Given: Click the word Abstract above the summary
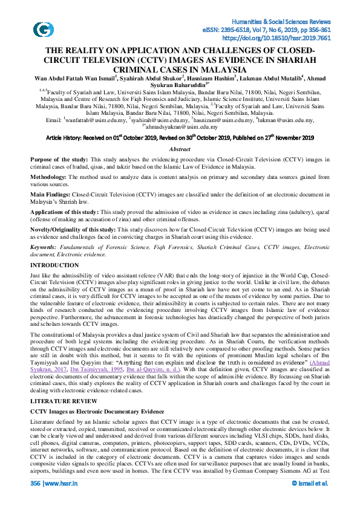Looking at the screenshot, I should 180,148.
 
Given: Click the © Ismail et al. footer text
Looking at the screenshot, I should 310,500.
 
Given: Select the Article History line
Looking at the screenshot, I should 180,138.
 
